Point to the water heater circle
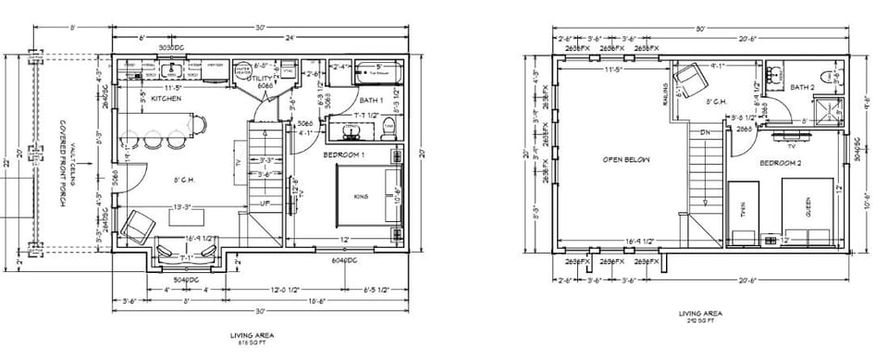click(x=242, y=70)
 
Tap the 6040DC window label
click(x=345, y=262)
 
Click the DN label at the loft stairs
click(x=704, y=132)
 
